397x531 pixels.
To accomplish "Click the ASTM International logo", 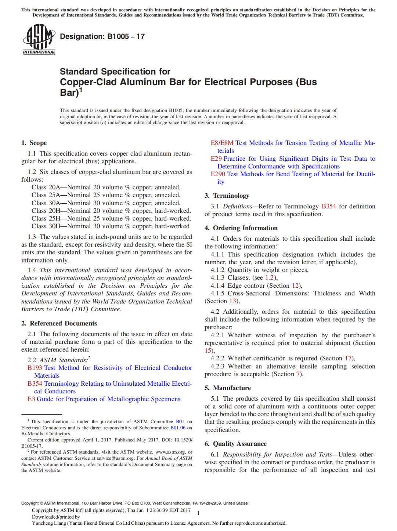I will (x=39, y=39).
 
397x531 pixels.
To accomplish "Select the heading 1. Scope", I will (x=34, y=143).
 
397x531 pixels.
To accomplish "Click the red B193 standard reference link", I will (x=35, y=368).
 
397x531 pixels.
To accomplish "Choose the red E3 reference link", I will (x=31, y=399).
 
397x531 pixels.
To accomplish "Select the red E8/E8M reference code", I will (x=222, y=143).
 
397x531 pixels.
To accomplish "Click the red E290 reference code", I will (x=218, y=174).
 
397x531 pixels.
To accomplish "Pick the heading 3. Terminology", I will (x=227, y=196).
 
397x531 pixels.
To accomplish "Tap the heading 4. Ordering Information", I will (x=241, y=228).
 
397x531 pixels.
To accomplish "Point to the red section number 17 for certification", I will (x=348, y=358).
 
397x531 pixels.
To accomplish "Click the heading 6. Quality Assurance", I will (x=235, y=444).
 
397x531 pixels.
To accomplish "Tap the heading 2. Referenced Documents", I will (x=59, y=323).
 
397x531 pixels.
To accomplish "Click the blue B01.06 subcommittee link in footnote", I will (x=178, y=428).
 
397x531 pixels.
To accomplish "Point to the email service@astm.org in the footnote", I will (x=116, y=458).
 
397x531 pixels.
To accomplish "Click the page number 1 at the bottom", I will (x=198, y=513).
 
